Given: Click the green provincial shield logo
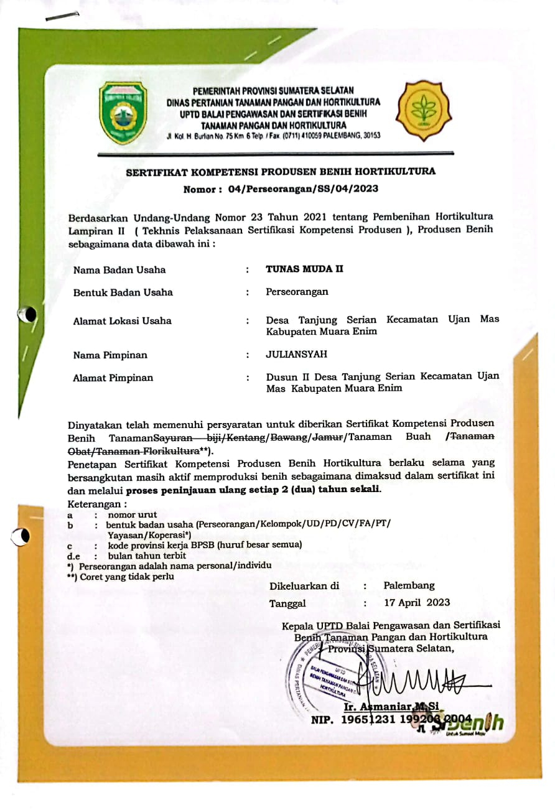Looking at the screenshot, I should (124, 113).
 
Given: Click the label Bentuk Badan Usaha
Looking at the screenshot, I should (123, 292).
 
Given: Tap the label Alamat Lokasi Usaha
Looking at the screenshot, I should (122, 320).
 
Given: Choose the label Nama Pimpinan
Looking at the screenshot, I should (110, 355).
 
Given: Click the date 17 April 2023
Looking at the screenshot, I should (416, 602).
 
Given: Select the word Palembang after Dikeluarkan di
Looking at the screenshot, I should (409, 585).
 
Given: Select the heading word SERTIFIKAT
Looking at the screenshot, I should (158, 172).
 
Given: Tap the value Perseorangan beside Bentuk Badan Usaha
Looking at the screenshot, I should (297, 292).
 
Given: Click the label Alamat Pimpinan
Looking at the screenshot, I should (113, 378).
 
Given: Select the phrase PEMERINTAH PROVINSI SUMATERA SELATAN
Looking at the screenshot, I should (273, 91).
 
